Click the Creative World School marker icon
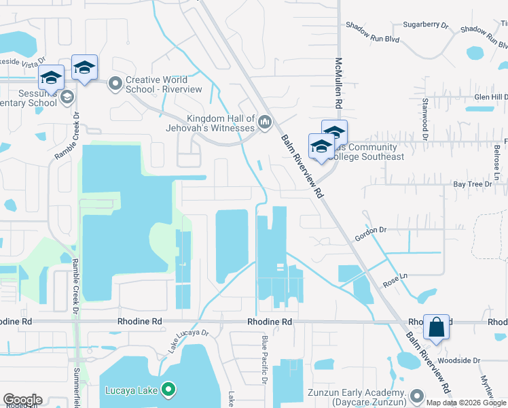(115, 84)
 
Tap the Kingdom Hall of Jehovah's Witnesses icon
(265, 122)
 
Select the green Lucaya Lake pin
(169, 390)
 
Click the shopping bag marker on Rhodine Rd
(436, 327)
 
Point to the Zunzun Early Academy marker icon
(417, 396)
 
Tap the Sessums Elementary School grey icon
(67, 97)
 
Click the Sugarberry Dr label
(426, 25)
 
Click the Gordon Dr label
(370, 234)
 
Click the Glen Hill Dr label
(490, 97)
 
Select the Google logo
(22, 400)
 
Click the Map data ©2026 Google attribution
(467, 403)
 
